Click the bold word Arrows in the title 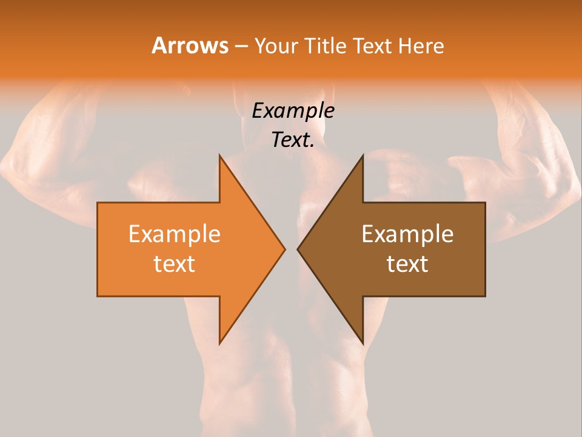coord(190,46)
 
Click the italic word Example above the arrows coord(293,111)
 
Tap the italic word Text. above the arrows coord(293,140)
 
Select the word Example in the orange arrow coord(175,234)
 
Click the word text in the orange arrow coord(175,264)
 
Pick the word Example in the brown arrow coord(407,234)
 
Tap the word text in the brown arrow coord(407,264)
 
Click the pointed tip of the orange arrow coord(284,249)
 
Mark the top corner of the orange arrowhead coord(220,155)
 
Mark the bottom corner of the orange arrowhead coord(220,343)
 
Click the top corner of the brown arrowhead coord(363,155)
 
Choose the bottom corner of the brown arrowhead coord(363,343)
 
